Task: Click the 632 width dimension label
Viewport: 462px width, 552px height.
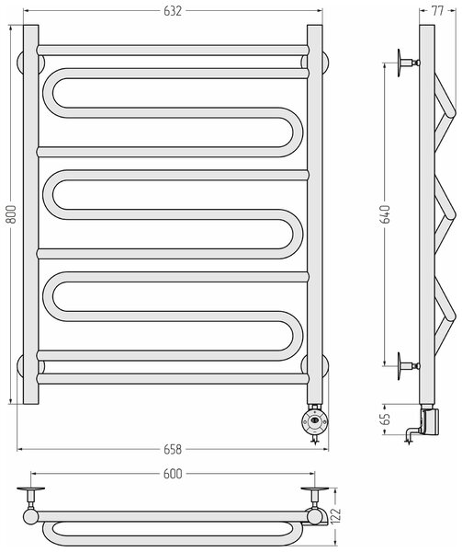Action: [173, 11]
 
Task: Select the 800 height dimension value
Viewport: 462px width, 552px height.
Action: [12, 214]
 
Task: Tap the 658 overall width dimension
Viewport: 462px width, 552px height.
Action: [173, 449]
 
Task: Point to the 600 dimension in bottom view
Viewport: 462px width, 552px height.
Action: [173, 474]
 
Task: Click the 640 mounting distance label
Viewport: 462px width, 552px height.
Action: [386, 214]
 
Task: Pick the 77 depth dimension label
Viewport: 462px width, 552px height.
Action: [437, 11]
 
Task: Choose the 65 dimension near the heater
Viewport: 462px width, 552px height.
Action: [386, 419]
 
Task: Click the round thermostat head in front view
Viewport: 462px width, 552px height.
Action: [314, 420]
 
